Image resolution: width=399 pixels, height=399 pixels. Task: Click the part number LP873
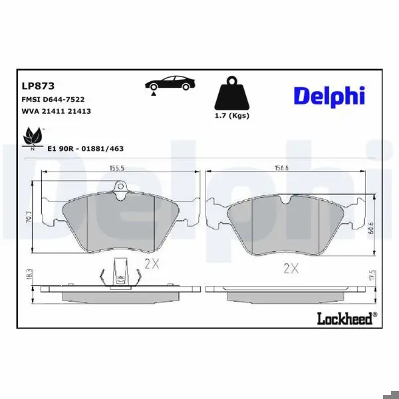tap(38, 86)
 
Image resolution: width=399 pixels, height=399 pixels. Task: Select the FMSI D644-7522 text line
tap(53, 99)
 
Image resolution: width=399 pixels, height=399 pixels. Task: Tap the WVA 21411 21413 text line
tap(57, 111)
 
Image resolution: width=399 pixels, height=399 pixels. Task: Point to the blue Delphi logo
tap(329, 96)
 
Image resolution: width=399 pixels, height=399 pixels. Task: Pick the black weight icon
tap(232, 92)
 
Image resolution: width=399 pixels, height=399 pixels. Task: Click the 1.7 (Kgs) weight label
tap(232, 116)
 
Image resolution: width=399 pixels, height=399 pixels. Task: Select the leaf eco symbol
tap(33, 138)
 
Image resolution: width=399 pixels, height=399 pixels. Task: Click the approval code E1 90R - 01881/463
tap(86, 148)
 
